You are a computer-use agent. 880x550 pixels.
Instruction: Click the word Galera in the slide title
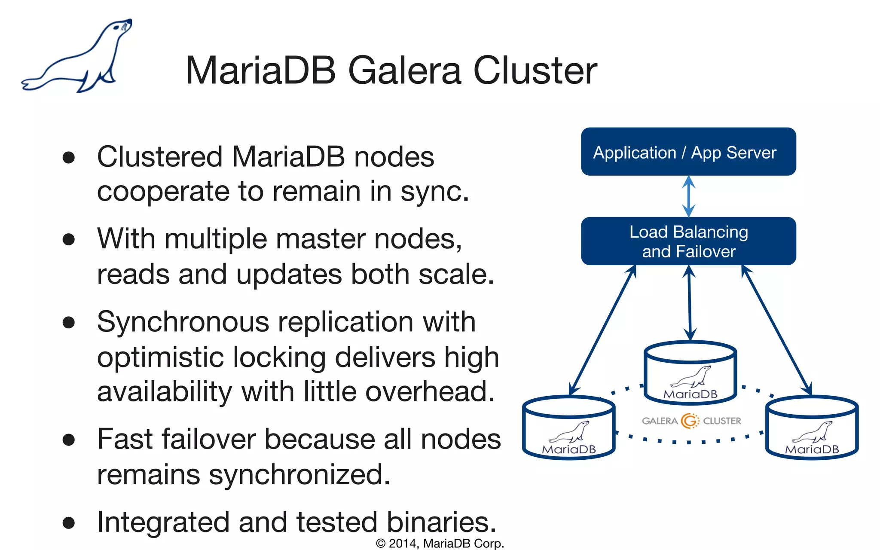point(404,70)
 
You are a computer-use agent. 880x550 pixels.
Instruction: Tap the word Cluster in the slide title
point(535,70)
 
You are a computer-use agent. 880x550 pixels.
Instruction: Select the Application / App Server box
point(688,152)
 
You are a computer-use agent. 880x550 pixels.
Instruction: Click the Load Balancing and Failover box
point(688,241)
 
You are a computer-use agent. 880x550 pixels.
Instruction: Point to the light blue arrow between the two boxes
point(689,196)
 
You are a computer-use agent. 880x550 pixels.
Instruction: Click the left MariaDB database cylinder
point(568,428)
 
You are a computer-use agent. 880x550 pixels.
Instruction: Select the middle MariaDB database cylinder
point(690,373)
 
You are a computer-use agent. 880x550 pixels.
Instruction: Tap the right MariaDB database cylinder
point(812,428)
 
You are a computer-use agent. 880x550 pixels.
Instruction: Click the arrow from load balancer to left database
point(602,330)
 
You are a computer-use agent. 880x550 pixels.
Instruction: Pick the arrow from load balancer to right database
point(776,330)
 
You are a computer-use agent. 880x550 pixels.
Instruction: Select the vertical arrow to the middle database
point(690,303)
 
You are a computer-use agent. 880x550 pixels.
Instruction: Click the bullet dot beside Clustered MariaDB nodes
point(69,157)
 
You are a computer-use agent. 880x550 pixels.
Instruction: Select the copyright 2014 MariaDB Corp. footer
point(440,543)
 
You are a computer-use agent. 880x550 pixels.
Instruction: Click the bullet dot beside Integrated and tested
point(69,522)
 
